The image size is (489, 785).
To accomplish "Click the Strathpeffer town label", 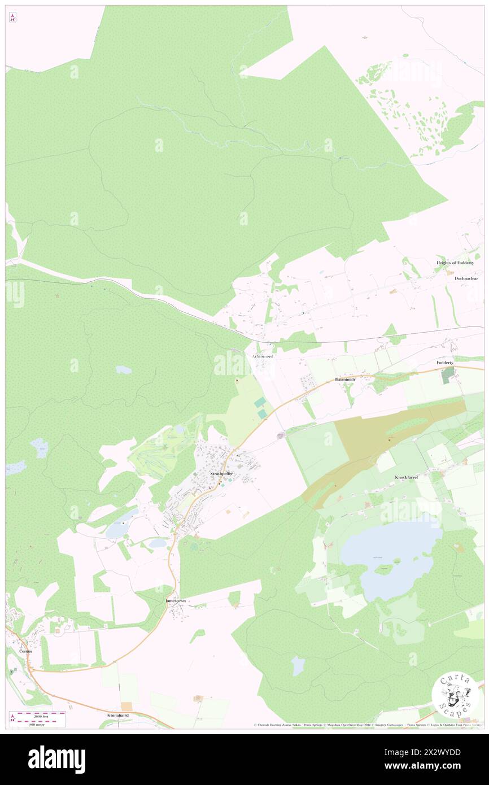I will pyautogui.click(x=221, y=473).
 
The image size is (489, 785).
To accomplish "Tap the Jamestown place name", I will pyautogui.click(x=175, y=601).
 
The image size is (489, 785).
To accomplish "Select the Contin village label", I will pyautogui.click(x=25, y=651).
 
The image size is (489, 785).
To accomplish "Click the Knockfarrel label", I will pyautogui.click(x=405, y=477).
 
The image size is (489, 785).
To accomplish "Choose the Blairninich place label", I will pyautogui.click(x=344, y=380).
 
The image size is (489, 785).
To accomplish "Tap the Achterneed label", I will pyautogui.click(x=263, y=356).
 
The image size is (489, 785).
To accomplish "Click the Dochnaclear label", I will pyautogui.click(x=466, y=278).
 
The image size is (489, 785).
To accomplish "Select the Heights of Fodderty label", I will pyautogui.click(x=457, y=263).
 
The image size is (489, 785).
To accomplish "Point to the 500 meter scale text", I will pyautogui.click(x=41, y=723).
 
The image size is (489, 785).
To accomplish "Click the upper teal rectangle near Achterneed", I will pyautogui.click(x=260, y=403).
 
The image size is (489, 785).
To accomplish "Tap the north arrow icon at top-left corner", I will pyautogui.click(x=13, y=18).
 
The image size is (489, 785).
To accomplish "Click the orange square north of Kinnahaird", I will pyautogui.click(x=126, y=706).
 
